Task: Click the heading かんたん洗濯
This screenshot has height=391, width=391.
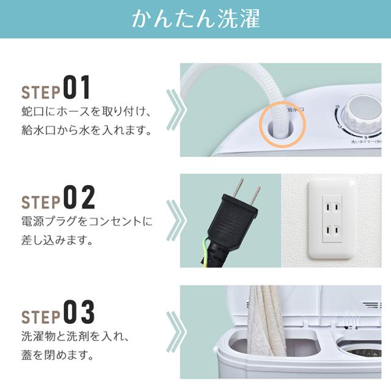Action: click(x=195, y=20)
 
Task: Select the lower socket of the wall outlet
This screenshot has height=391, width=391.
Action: click(x=332, y=232)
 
